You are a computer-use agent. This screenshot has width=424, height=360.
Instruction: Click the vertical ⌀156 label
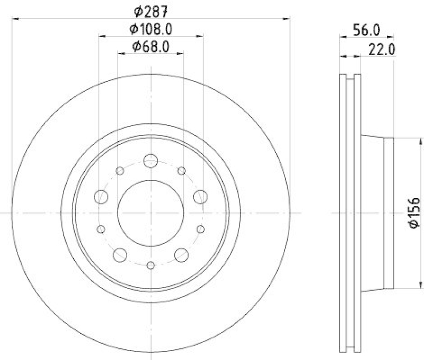tap(414, 213)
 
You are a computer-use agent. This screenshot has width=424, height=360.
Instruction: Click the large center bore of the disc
tap(151, 213)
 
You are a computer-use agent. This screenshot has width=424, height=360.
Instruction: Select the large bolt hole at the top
tap(151, 160)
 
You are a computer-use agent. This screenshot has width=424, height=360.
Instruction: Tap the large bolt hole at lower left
tap(120, 255)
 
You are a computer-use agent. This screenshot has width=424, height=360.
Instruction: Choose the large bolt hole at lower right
tap(182, 255)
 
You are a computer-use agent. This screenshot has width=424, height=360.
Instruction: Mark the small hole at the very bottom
tap(151, 265)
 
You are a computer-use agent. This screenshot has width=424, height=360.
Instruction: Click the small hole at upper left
tap(120, 170)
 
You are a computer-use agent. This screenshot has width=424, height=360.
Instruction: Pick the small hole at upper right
tap(182, 170)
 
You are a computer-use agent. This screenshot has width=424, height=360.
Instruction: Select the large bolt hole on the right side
tap(200, 197)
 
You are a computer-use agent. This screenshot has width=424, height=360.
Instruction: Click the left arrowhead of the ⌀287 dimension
tap(14, 19)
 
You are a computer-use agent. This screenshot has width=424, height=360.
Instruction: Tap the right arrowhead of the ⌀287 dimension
tap(288, 19)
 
